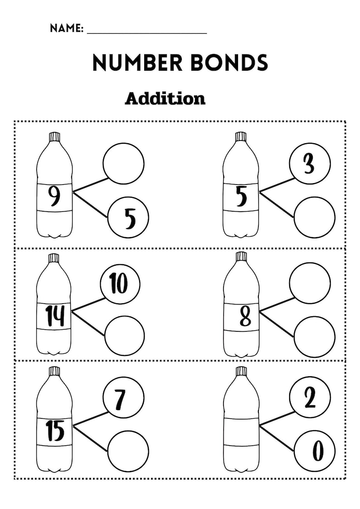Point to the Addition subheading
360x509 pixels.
[x=165, y=98]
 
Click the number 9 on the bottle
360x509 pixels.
[x=54, y=197]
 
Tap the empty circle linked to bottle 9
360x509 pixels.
[x=123, y=164]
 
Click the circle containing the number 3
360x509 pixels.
[x=310, y=164]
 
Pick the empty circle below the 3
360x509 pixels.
[x=315, y=218]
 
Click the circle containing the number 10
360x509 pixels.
[x=120, y=284]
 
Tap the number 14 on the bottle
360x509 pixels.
[x=54, y=316]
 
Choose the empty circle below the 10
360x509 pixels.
[x=124, y=336]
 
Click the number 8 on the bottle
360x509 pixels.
[x=245, y=316]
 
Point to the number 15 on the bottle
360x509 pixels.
[x=55, y=431]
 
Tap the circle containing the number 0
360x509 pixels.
[x=315, y=451]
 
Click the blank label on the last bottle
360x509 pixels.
[x=241, y=431]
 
